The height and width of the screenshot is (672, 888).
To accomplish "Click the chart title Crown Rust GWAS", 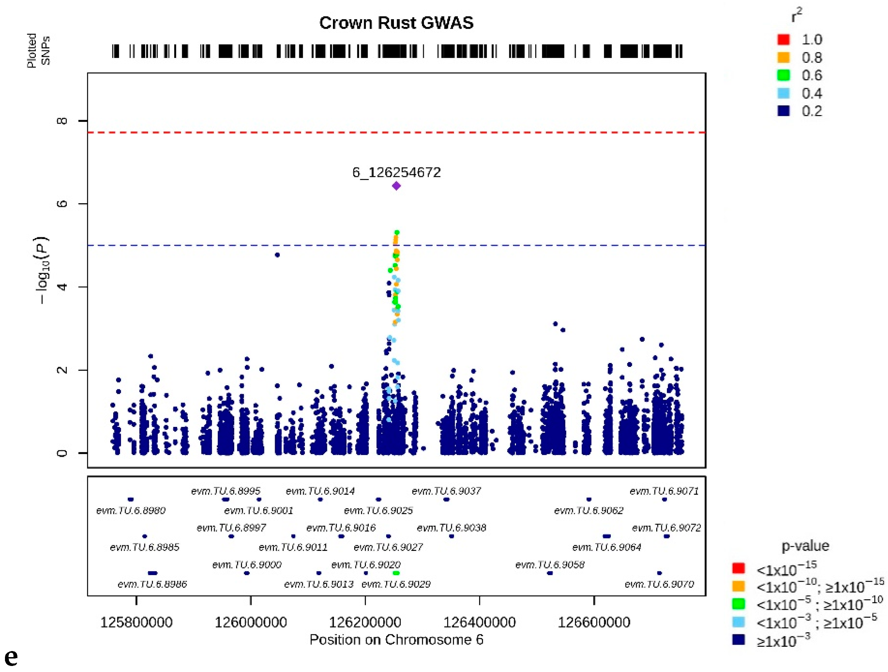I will [x=396, y=23].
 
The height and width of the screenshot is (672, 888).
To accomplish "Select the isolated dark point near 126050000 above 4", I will [x=277, y=255].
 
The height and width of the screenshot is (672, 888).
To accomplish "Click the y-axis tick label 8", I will [x=62, y=120].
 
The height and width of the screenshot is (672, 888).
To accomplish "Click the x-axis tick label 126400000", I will [x=479, y=622].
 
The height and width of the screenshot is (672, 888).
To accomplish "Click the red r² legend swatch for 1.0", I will [x=783, y=39].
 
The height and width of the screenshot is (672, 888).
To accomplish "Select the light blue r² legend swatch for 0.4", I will [x=783, y=93].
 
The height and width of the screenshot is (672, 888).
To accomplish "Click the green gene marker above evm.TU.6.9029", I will [x=396, y=573].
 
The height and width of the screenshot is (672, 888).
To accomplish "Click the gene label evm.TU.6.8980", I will [x=131, y=510].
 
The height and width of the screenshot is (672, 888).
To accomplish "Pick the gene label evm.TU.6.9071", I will [x=664, y=491].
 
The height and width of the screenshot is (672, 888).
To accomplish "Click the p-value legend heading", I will [x=805, y=546].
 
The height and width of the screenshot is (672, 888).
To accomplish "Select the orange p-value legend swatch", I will [x=739, y=586].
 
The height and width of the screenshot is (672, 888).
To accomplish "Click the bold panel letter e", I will [x=11, y=657].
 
